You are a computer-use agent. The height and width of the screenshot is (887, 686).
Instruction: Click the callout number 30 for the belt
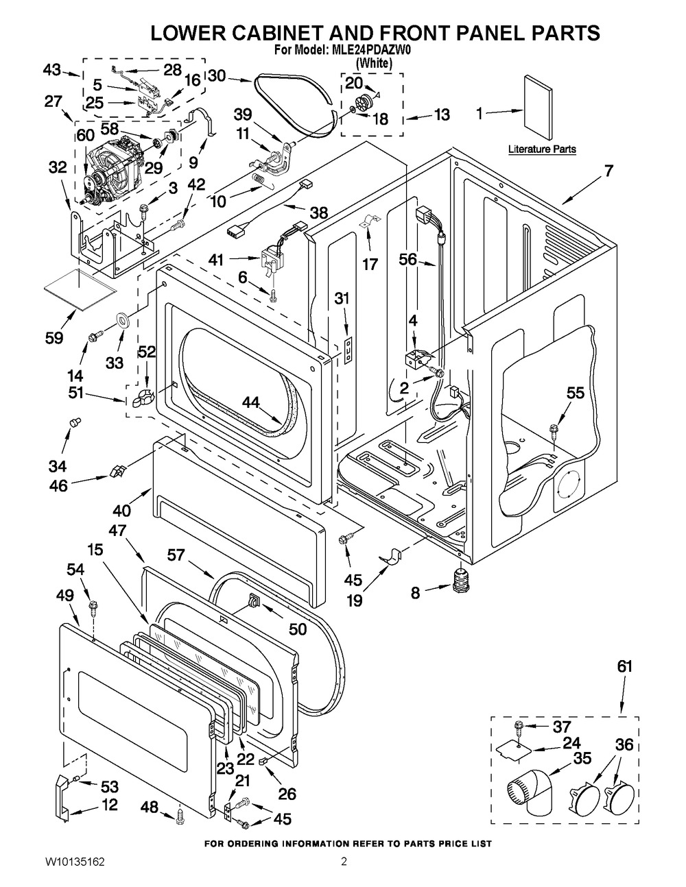217,75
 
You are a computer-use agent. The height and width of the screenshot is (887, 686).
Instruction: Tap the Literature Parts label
542,149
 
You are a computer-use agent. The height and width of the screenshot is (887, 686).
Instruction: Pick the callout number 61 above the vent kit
624,666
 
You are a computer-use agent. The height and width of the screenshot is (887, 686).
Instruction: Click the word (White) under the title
374,62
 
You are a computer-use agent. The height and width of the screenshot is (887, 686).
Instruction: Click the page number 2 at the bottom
344,861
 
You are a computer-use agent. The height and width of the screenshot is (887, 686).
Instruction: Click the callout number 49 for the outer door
64,597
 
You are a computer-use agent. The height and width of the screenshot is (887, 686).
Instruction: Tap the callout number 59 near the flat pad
54,337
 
